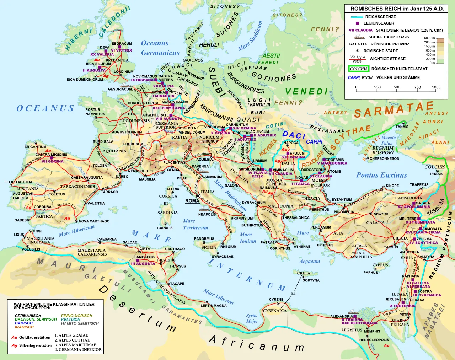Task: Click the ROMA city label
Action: (192, 201)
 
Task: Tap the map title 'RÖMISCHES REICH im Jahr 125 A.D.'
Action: (397, 9)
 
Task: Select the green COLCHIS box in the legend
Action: (359, 69)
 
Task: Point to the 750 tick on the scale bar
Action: (417, 87)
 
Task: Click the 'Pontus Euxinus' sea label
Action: (381, 175)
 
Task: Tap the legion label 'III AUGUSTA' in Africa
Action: (143, 264)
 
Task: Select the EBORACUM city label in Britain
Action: (122, 44)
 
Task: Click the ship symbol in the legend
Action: (359, 37)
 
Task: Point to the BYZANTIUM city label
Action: (342, 200)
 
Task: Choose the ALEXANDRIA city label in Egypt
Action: (341, 316)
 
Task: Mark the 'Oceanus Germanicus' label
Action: (160, 48)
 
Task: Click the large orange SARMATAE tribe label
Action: (394, 109)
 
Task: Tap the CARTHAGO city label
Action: (175, 249)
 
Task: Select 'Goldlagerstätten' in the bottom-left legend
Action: (34, 337)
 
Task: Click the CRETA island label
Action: (304, 273)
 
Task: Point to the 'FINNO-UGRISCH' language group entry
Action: (76, 316)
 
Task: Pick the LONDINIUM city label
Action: (123, 72)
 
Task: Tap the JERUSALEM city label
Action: (396, 299)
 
